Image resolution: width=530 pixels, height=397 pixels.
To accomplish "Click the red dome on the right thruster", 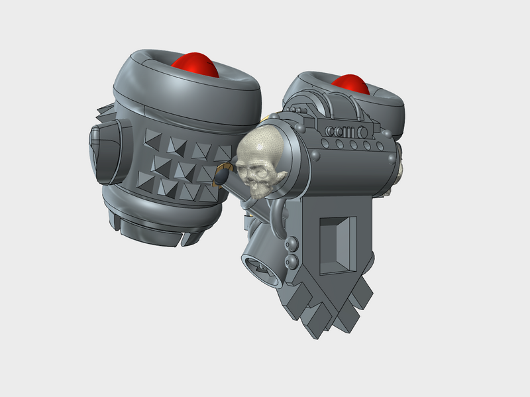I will click(349, 84).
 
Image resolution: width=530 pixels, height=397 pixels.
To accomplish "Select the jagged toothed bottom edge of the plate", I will click(331, 312).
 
